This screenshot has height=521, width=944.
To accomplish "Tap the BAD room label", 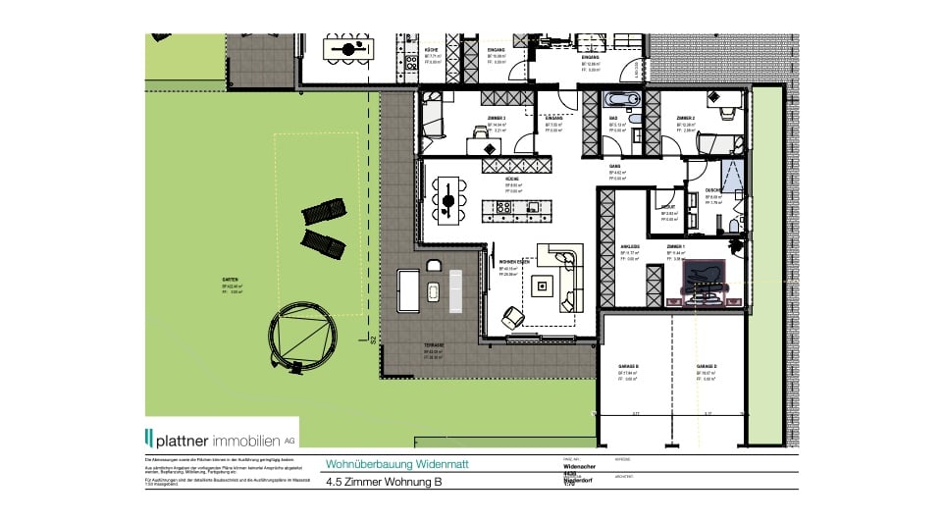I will coord(613,118).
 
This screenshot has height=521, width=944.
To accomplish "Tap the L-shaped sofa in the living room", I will coord(567,277).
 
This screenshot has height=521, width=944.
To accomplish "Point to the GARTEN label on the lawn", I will coord(231,280).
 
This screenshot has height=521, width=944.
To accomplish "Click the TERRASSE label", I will coord(435,345).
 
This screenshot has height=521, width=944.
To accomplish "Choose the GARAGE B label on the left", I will coord(630,363).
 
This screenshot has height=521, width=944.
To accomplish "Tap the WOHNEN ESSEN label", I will coord(515,262).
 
